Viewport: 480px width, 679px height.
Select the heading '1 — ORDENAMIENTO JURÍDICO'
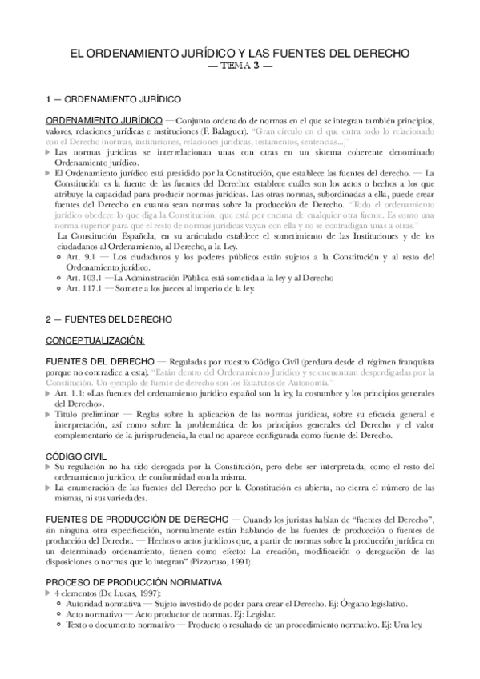(x=112, y=102)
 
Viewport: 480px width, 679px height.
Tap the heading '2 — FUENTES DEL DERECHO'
(x=108, y=319)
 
